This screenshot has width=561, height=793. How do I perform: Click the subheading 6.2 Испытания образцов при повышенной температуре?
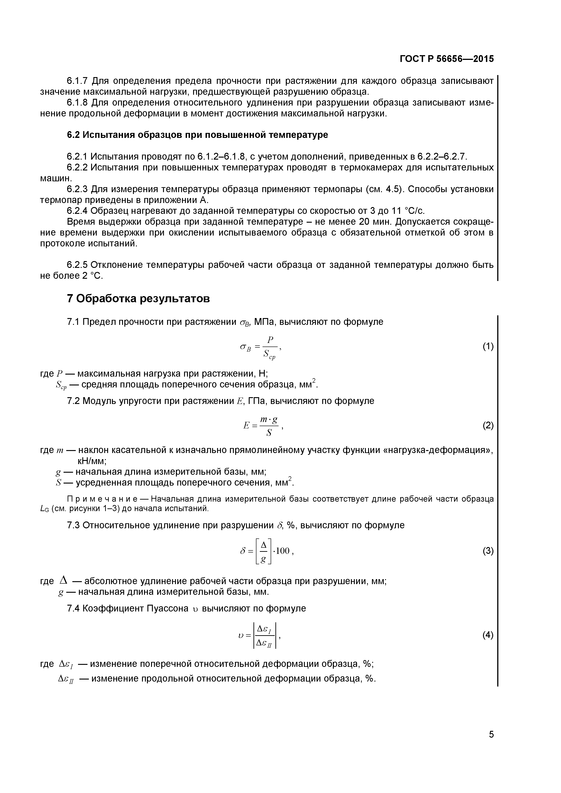[x=197, y=135]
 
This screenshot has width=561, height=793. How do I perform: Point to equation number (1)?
[x=488, y=346]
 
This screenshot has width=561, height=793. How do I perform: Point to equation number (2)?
[x=488, y=425]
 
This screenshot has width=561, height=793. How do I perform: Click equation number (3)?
[x=488, y=551]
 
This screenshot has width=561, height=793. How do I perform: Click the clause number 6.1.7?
[x=78, y=81]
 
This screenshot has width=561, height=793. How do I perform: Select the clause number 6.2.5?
[x=78, y=265]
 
